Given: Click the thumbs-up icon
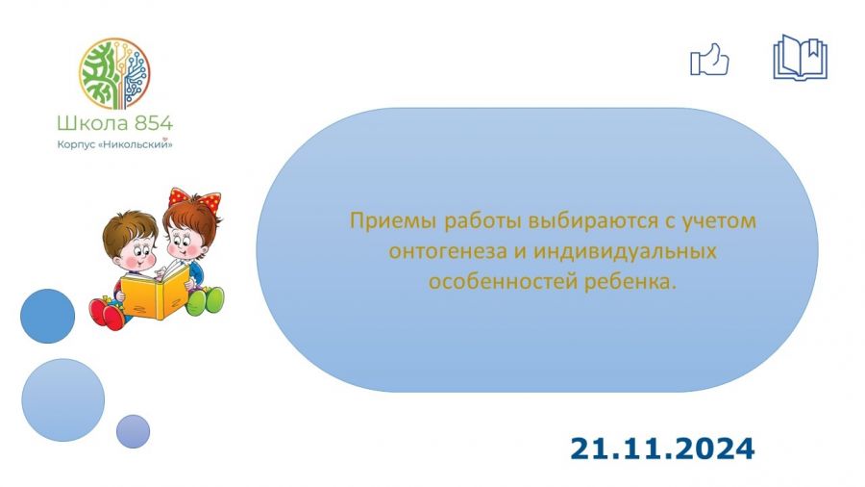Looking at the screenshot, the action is [x=709, y=60].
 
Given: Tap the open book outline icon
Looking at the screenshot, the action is [x=800, y=57].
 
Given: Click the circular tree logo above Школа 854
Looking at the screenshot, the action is [x=114, y=73].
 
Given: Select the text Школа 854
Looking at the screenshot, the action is [x=114, y=122].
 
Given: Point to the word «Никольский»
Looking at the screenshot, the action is [x=137, y=144].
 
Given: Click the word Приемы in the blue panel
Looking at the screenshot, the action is [x=393, y=220].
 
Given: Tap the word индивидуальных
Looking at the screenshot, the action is [x=625, y=251].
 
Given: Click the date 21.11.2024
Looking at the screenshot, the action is [x=662, y=449].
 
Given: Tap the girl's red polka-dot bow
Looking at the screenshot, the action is [x=194, y=199].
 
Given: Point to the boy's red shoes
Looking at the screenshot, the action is [x=107, y=314].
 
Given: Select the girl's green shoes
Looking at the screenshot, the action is [x=206, y=301].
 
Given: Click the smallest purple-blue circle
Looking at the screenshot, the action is [x=133, y=431].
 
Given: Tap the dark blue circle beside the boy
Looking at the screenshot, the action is [x=47, y=316].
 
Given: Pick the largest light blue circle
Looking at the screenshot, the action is [x=62, y=399].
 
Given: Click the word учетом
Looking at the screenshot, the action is [x=719, y=220].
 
